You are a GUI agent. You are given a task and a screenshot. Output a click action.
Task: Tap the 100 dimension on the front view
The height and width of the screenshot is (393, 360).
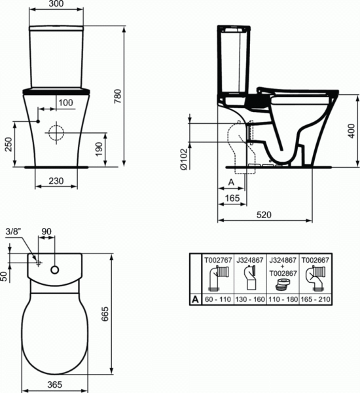tap(65, 102)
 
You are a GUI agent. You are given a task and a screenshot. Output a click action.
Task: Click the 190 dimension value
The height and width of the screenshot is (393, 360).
tap(98, 149)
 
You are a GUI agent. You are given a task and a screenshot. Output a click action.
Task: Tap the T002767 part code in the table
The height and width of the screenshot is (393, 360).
tap(217, 260)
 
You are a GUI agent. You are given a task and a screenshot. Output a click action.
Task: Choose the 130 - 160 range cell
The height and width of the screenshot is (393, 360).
tap(249, 298)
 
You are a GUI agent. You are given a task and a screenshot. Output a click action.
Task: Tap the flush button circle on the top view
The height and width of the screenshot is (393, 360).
tap(55, 269)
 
